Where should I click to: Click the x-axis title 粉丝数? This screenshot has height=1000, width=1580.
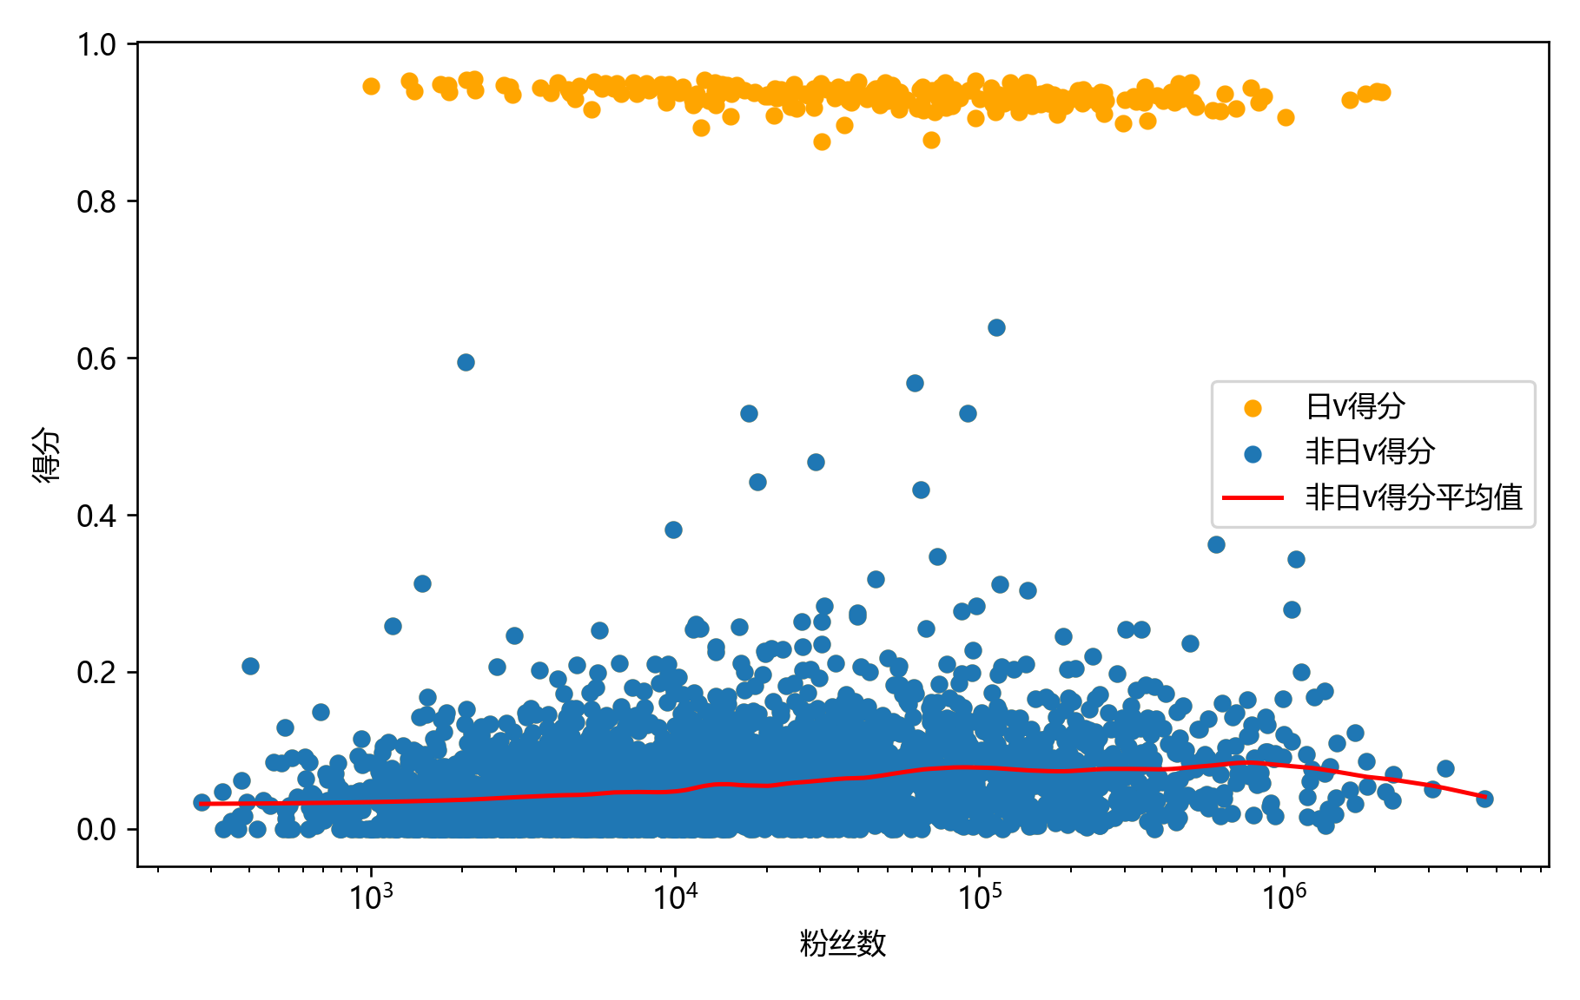point(843,944)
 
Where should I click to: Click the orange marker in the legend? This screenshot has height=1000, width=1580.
point(1253,408)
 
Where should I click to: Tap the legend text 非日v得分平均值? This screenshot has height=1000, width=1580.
point(1413,498)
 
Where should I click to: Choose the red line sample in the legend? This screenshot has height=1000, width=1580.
point(1253,498)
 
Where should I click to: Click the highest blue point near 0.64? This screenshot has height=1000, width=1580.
point(996,327)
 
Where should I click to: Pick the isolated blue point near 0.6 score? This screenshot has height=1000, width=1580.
point(466,362)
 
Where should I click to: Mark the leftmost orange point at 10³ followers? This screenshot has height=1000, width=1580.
point(371,86)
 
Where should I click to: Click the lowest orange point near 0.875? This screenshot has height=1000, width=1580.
point(822,141)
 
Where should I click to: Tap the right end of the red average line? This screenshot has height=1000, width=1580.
point(1485,797)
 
